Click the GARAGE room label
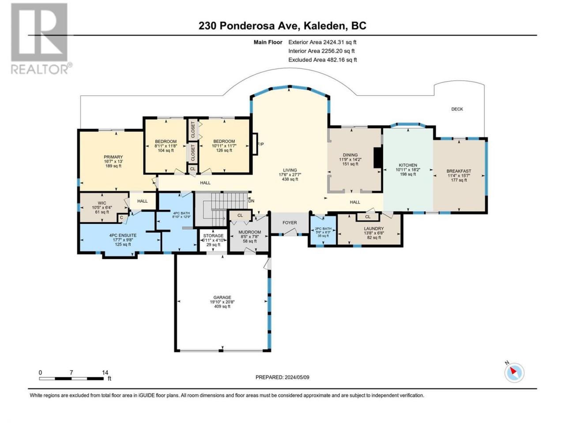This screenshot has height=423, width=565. tap(222, 297)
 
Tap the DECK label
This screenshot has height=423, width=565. tap(457, 109)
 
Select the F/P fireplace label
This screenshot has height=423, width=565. tap(260, 145)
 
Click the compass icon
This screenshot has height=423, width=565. tap(514, 373)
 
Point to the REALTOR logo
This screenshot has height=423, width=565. tap(41, 38)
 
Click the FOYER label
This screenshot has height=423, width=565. tap(290, 223)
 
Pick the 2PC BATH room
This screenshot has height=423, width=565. tap(323, 230)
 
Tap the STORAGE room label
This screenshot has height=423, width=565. tap(213, 235)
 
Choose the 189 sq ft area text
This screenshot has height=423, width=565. tap(113, 166)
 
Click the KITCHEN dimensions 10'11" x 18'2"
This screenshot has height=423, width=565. tap(408, 170)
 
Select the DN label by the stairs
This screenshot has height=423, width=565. tap(251, 201)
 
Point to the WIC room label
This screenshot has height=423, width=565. tap(102, 203)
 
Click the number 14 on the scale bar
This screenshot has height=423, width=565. tap(105, 372)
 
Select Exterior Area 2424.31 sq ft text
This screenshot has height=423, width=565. tap(322, 42)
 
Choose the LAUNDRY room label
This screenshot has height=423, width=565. tap(374, 229)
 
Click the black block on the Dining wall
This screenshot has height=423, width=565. tap(378, 157)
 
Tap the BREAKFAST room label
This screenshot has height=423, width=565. tap(459, 171)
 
